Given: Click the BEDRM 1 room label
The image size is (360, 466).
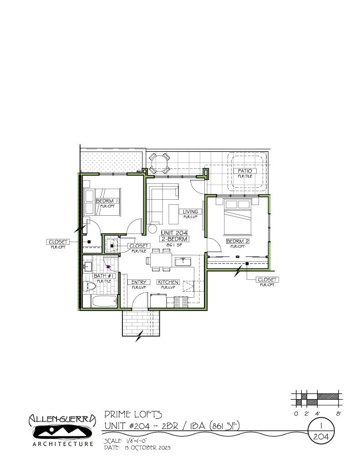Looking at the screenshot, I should click(x=107, y=201).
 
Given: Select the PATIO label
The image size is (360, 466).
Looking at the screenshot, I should click(x=244, y=171).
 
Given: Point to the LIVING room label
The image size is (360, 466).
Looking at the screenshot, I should click(x=190, y=212).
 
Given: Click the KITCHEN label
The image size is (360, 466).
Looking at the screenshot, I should click(x=168, y=282).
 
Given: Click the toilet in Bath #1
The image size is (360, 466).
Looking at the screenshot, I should click(x=91, y=287).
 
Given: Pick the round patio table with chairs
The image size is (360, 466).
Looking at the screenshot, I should click(x=160, y=163).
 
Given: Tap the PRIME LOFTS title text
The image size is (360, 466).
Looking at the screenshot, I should click(x=133, y=414).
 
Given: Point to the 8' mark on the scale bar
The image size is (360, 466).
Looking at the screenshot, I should click(x=339, y=414).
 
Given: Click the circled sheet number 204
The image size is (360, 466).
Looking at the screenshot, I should click(x=321, y=436).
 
